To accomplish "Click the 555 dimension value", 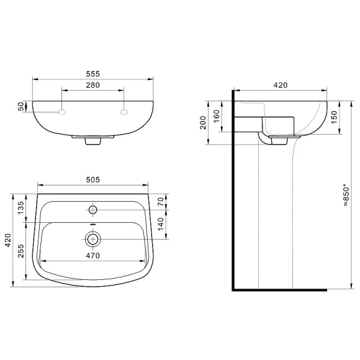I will (x=92, y=73).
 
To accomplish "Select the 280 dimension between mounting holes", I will (x=92, y=86).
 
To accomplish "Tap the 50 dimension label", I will (x=20, y=107).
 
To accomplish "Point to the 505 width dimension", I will (x=92, y=179).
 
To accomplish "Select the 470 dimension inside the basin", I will (x=93, y=254).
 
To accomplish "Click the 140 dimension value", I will (x=161, y=223).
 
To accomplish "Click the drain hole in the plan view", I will (x=93, y=238).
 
